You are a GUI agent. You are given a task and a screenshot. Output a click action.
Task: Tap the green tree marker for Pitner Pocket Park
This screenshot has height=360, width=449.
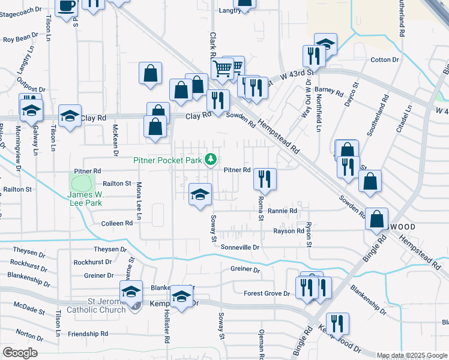(x=210, y=160)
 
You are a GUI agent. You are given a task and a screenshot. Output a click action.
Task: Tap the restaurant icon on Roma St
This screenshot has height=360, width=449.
(x=264, y=178)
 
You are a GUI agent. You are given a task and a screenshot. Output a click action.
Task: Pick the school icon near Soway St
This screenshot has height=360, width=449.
(x=200, y=194)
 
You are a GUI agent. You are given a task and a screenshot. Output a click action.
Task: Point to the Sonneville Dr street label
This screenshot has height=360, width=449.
(x=240, y=247)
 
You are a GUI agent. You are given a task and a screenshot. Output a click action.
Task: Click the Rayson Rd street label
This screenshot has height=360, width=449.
(x=288, y=231)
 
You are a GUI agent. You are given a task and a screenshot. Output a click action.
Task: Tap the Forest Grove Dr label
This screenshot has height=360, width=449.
(x=267, y=293)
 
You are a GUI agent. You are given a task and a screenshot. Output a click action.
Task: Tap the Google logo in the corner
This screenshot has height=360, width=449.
(x=20, y=353)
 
